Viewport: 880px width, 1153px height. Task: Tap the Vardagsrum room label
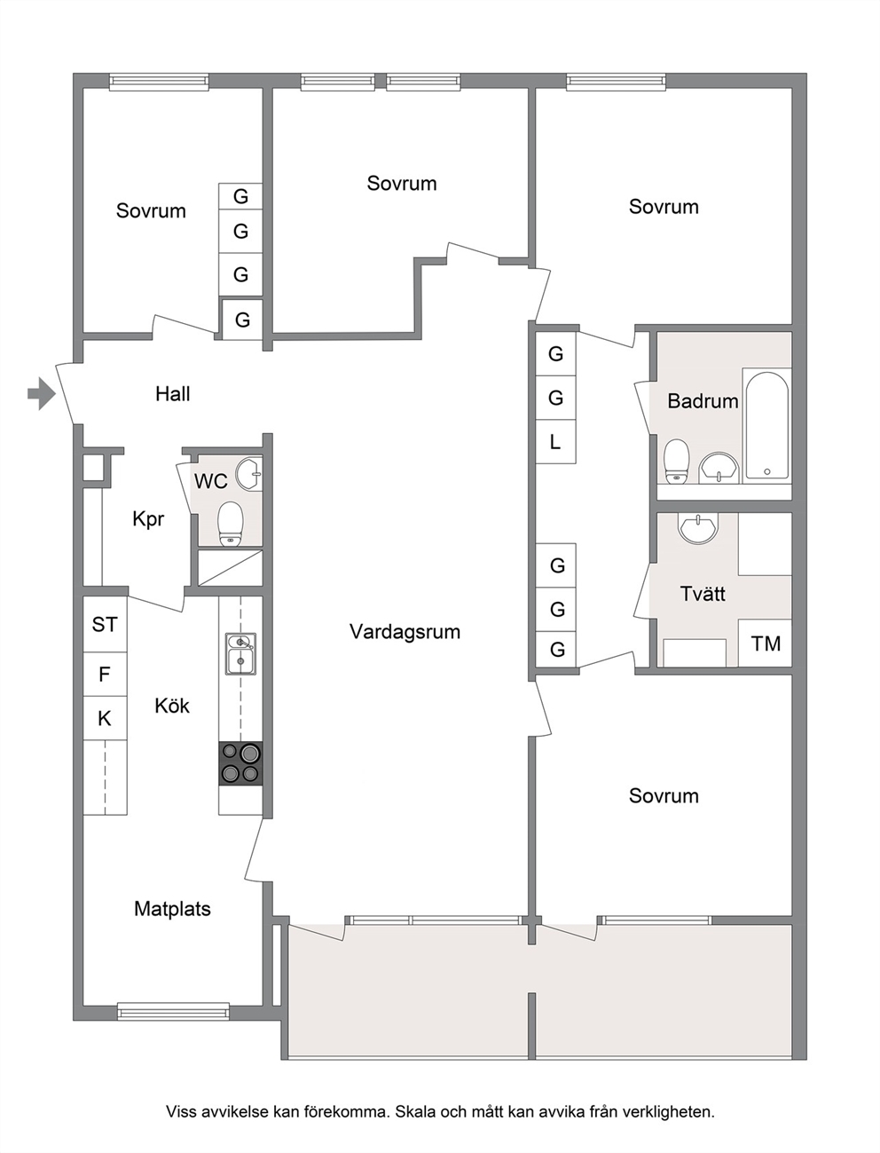pos(405,631)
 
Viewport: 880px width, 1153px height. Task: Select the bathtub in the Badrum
pos(766,426)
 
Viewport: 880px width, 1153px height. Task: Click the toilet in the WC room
pos(231,524)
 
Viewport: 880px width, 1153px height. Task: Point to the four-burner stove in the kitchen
pos(240,763)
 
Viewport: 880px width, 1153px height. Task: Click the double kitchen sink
pos(241,654)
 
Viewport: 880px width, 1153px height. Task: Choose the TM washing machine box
pos(765,644)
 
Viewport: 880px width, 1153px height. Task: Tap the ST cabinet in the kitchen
pos(105,625)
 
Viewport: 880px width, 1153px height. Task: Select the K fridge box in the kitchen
pos(105,718)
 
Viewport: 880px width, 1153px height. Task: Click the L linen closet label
pos(555,442)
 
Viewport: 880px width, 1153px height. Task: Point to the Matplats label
pos(172,909)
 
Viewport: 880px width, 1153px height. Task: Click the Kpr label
pos(148,519)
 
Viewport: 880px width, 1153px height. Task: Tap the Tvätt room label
pos(703,594)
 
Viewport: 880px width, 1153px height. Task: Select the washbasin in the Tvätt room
pos(698,527)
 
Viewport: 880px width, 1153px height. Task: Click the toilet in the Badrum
pos(676,461)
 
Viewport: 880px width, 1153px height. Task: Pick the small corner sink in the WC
pos(248,473)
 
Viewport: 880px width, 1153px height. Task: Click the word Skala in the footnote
pos(415,1111)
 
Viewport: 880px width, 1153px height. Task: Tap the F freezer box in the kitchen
pos(105,675)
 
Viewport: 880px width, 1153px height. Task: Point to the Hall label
pos(173,394)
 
